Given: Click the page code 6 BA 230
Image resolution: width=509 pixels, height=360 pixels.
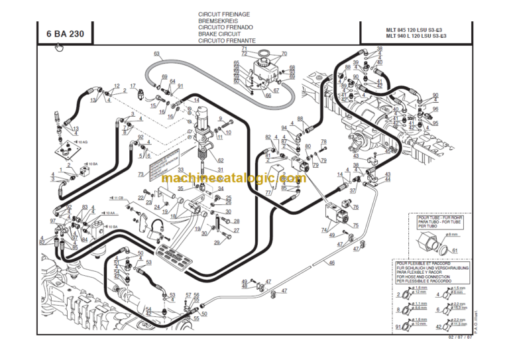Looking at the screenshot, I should point(64,33).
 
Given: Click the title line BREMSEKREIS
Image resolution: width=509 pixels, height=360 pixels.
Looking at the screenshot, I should point(213,21).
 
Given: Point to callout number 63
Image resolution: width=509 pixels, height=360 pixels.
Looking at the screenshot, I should point(157,53).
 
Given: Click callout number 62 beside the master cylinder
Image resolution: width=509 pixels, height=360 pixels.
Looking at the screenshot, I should point(220,160).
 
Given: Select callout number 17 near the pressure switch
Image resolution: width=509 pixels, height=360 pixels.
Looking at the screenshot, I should point(133,86).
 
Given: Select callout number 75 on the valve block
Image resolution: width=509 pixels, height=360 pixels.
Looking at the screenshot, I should point(355,226).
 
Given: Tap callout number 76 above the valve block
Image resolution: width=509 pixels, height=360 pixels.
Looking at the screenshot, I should point(356,208).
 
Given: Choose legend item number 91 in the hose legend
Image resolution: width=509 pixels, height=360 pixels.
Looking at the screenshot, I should point(398,326).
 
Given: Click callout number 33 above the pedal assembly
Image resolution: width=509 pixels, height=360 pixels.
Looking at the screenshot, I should point(180,170).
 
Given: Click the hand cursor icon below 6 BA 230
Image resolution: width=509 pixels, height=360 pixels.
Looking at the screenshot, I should point(59,47).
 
